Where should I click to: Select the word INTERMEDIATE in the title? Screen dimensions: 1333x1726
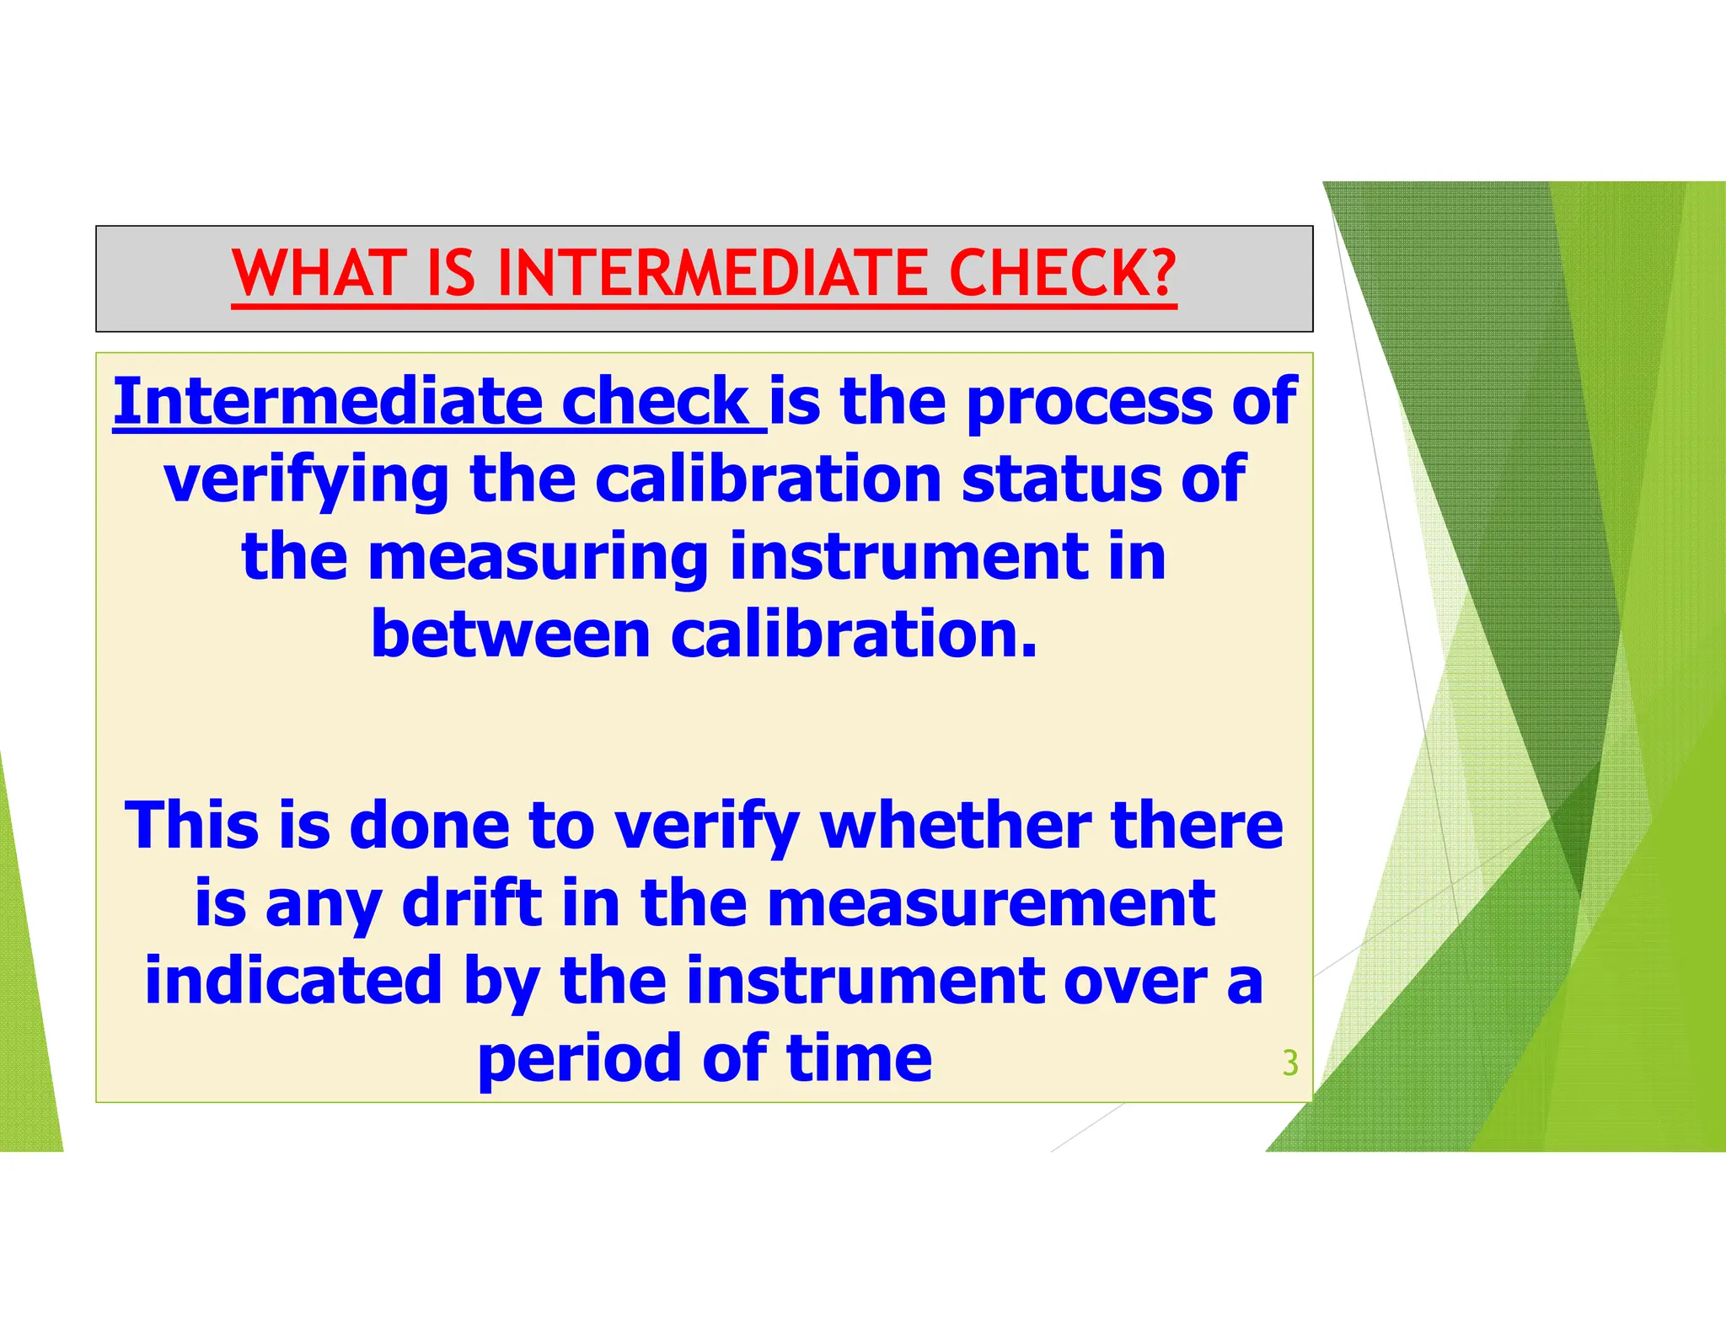tap(713, 274)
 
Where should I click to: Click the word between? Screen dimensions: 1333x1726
tap(510, 634)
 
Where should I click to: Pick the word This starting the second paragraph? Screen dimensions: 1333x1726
tap(191, 825)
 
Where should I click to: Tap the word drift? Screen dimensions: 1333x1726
tap(472, 903)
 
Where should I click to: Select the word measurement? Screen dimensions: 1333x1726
tap(991, 903)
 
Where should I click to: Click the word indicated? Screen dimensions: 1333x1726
tap(293, 981)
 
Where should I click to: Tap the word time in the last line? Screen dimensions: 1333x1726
tap(859, 1058)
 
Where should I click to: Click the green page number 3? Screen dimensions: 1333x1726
tap(1289, 1063)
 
